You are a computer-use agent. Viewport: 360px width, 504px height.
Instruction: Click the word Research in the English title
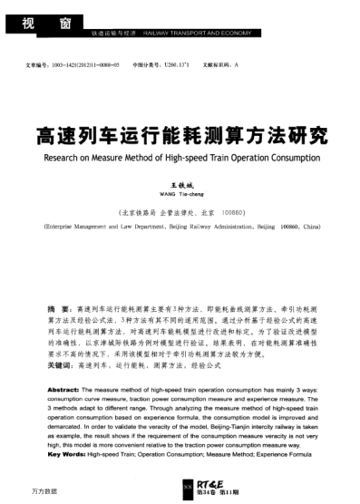66,157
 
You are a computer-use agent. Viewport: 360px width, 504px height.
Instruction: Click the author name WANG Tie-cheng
179,192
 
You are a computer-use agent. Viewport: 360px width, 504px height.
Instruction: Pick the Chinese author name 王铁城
179,182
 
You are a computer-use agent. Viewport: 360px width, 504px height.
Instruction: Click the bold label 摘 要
59,309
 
